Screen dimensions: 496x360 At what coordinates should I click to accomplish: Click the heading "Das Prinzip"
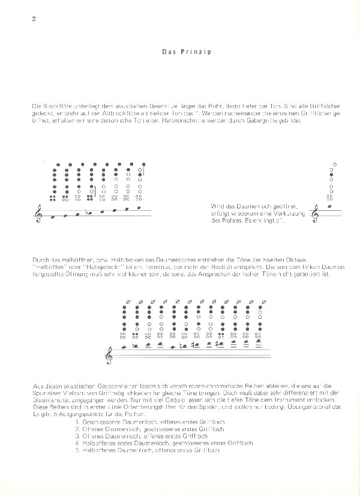coord(181,52)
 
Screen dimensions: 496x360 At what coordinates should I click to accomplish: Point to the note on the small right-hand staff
coord(328,207)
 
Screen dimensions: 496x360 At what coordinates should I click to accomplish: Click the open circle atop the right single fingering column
coord(334,164)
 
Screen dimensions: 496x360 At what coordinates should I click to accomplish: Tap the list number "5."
coord(78,451)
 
